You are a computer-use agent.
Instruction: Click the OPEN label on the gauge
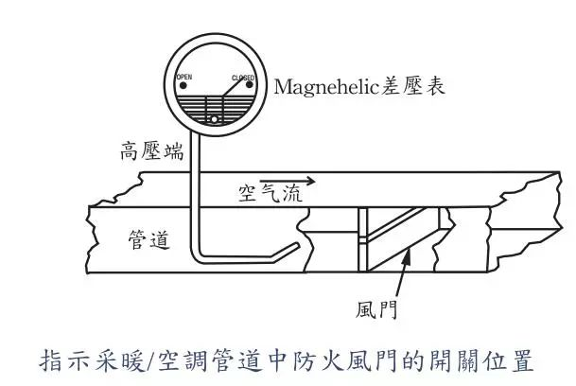tap(184, 77)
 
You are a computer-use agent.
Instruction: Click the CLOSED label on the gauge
tap(243, 78)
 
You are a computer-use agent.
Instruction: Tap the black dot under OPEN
tap(183, 86)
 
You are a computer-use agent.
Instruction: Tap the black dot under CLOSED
tap(249, 85)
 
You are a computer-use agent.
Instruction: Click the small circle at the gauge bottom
tap(214, 119)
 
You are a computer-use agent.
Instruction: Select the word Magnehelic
tap(326, 88)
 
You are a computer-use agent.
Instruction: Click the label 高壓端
tap(152, 151)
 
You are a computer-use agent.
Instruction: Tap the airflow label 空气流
tap(271, 193)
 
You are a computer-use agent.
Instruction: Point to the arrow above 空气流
tap(288, 181)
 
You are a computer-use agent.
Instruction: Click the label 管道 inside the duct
tap(149, 240)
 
